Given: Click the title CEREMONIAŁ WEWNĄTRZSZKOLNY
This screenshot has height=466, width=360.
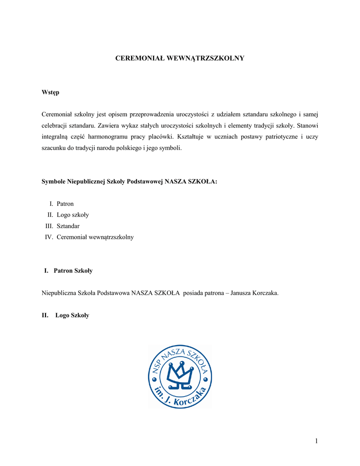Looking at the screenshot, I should pyautogui.click(x=180, y=58).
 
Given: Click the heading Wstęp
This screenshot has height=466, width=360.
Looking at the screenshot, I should pyautogui.click(x=51, y=92).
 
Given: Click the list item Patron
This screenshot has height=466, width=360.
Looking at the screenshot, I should pyautogui.click(x=65, y=203).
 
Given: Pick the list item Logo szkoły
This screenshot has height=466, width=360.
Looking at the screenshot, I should pyautogui.click(x=73, y=215).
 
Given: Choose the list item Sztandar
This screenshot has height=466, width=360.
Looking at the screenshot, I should pyautogui.click(x=68, y=226).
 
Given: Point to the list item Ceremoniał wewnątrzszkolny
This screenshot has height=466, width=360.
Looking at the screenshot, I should pyautogui.click(x=95, y=237).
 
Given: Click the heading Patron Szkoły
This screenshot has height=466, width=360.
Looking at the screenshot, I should pyautogui.click(x=73, y=271).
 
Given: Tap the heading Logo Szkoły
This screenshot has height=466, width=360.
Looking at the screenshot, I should pyautogui.click(x=72, y=315).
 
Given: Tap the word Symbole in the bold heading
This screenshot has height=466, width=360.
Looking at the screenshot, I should pyautogui.click(x=54, y=181).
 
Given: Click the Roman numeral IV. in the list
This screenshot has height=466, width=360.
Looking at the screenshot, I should pyautogui.click(x=49, y=237).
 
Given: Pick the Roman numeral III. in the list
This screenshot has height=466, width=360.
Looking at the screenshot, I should pyautogui.click(x=49, y=226).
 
